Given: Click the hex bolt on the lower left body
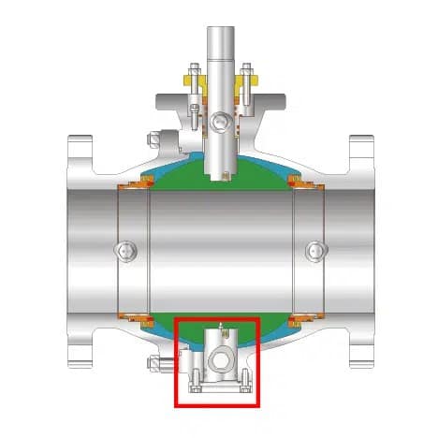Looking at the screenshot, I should [x=147, y=364].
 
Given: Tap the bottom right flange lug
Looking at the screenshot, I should [x=360, y=356].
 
